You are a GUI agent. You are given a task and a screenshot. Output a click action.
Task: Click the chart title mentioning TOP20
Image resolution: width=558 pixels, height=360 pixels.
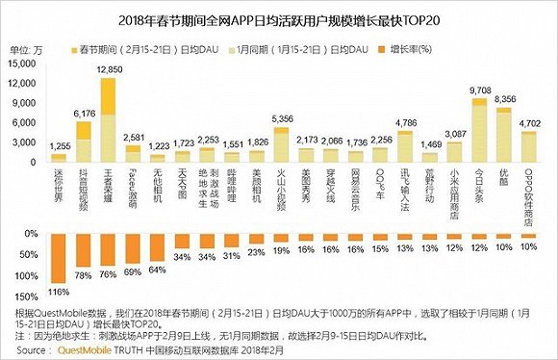279,16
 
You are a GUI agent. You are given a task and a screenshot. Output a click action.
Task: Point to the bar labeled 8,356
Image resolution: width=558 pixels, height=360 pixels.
503,131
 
